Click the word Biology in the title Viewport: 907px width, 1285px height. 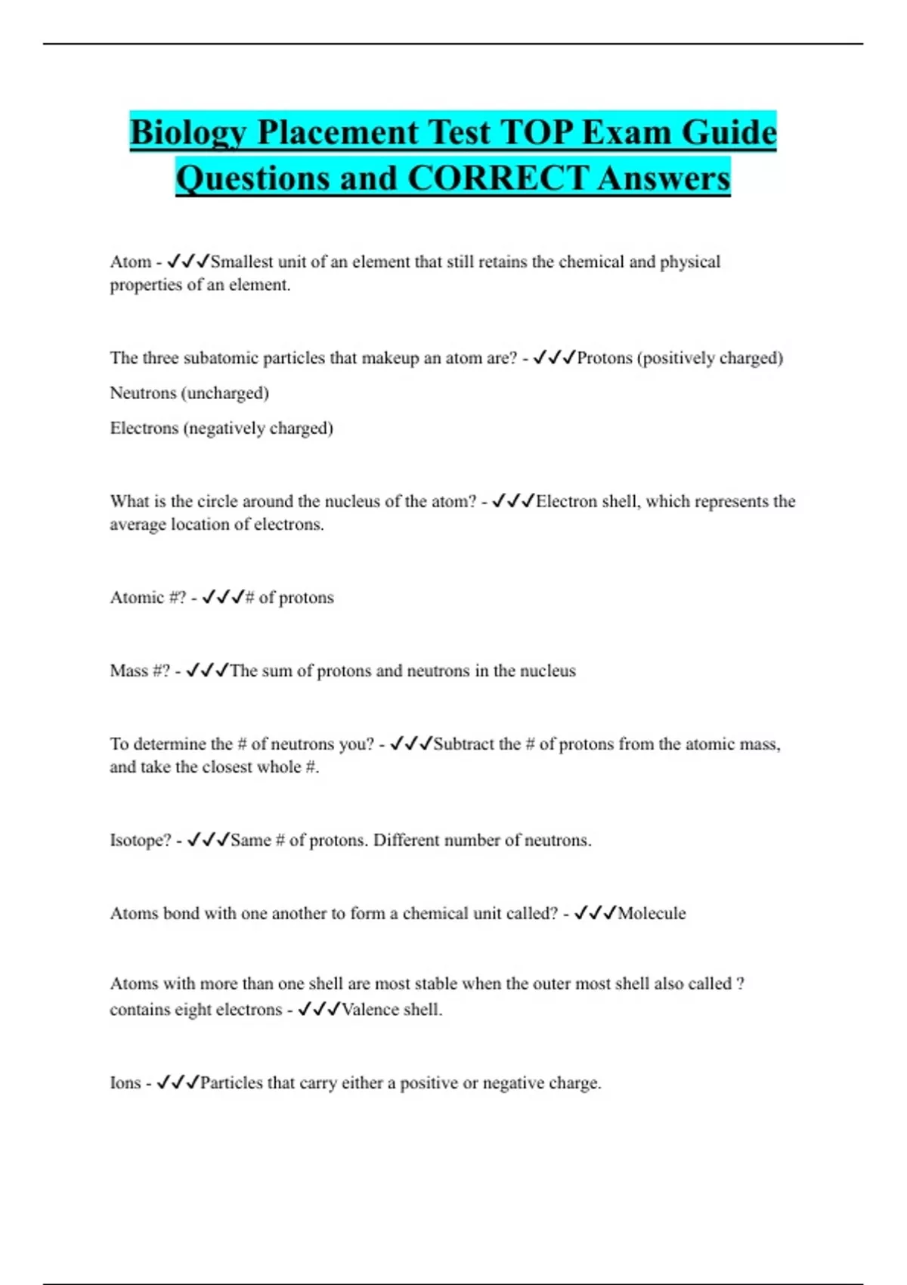click(x=189, y=133)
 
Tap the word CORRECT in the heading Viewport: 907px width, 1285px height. click(x=497, y=179)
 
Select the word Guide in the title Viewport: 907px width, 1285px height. click(x=729, y=133)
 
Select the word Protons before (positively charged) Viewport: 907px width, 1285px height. click(x=604, y=358)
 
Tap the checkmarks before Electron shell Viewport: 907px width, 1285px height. click(x=513, y=501)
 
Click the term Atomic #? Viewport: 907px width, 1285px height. click(x=147, y=597)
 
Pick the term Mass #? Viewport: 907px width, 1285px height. click(x=140, y=670)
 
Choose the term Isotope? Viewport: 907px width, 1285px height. click(x=141, y=840)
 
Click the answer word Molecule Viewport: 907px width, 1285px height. click(x=652, y=913)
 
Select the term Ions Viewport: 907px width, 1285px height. click(x=125, y=1082)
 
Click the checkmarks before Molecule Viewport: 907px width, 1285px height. click(x=595, y=913)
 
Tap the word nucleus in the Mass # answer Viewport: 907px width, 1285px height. click(x=546, y=670)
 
